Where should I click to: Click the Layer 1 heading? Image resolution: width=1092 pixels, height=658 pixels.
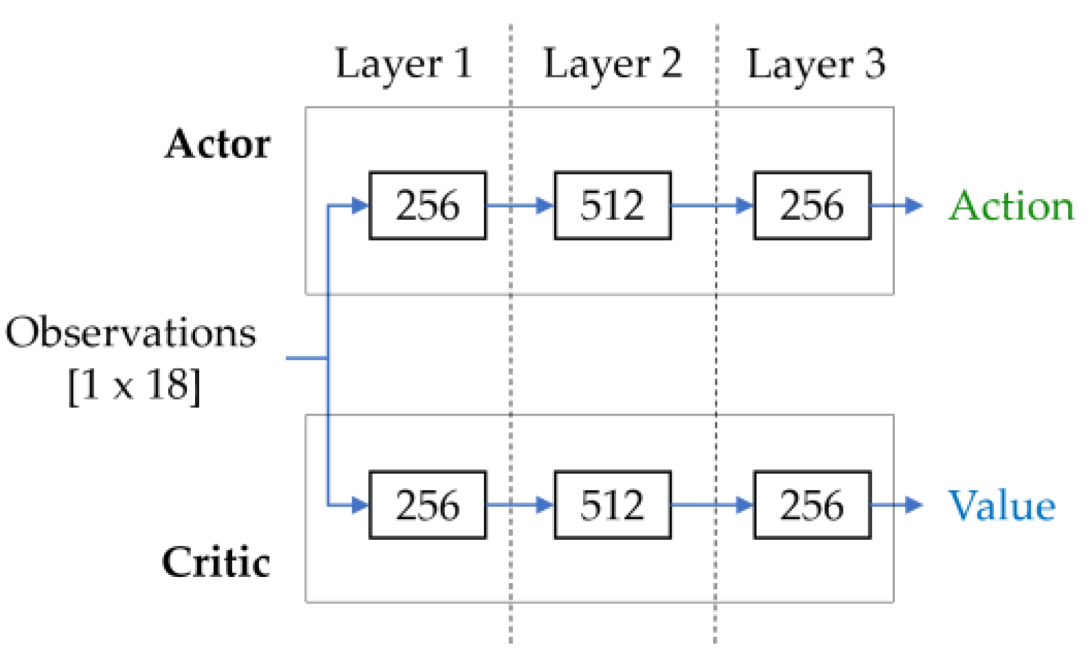[403, 65]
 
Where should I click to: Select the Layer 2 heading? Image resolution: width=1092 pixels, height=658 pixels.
[612, 65]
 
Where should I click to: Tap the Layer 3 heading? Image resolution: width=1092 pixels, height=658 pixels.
[815, 65]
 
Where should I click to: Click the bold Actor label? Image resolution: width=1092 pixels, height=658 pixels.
[218, 144]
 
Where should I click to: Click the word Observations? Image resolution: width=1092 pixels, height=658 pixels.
[130, 333]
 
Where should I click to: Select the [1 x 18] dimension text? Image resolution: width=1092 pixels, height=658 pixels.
[135, 385]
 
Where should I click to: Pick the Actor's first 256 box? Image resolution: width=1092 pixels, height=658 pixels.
[427, 205]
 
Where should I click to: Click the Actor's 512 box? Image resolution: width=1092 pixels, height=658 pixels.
[612, 205]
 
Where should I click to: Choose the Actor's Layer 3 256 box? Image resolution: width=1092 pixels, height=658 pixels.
[812, 205]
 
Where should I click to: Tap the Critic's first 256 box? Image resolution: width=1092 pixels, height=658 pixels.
[427, 505]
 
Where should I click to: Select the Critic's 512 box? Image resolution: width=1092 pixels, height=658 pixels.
[612, 505]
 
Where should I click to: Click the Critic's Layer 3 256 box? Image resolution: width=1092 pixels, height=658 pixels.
[812, 505]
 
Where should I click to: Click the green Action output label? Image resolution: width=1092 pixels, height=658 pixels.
[1011, 205]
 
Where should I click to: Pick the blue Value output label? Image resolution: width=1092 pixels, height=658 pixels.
[1001, 506]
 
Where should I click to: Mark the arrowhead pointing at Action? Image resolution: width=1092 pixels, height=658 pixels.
[913, 205]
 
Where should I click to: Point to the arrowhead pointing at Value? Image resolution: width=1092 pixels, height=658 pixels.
[913, 505]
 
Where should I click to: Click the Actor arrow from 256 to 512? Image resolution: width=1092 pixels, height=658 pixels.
[519, 205]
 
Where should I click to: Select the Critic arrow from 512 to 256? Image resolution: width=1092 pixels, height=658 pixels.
[712, 505]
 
